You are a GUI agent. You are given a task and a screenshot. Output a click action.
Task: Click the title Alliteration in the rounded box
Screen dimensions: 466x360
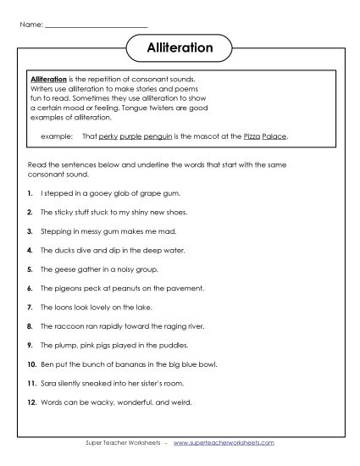tap(180, 48)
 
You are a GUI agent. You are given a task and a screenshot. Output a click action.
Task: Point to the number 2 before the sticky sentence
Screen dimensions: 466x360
tap(30, 212)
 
